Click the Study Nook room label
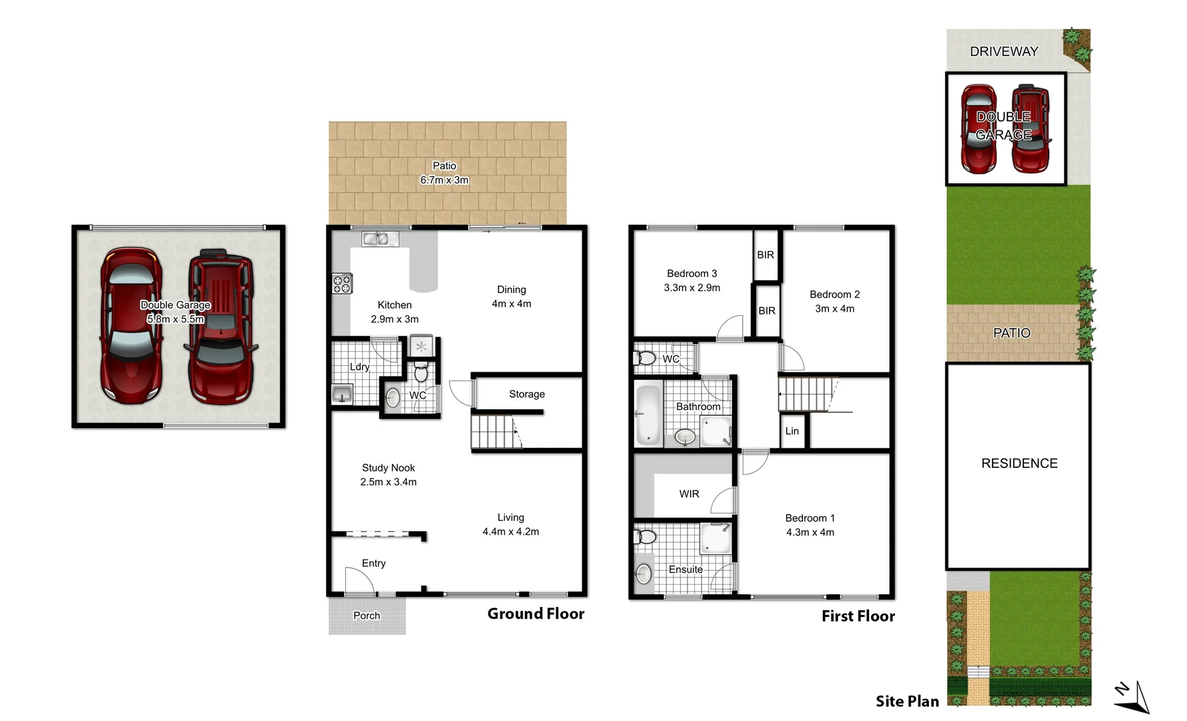click(x=388, y=468)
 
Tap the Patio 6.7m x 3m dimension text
click(x=444, y=180)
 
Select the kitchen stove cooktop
click(x=342, y=284)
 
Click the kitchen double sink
click(x=375, y=238)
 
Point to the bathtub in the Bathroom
click(x=647, y=415)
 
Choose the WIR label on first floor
click(x=689, y=494)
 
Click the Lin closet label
click(x=792, y=431)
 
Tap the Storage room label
click(x=526, y=395)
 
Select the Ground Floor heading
click(x=536, y=614)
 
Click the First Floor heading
click(x=858, y=616)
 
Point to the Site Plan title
click(x=907, y=701)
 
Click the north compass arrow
click(x=1133, y=697)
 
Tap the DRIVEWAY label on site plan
click(x=1003, y=51)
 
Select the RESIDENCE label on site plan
click(x=1019, y=463)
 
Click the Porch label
click(x=366, y=616)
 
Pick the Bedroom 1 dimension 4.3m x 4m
click(x=810, y=533)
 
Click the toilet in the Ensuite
click(x=646, y=537)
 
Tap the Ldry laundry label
click(x=359, y=367)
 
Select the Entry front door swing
click(x=358, y=580)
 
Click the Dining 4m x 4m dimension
click(x=511, y=304)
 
